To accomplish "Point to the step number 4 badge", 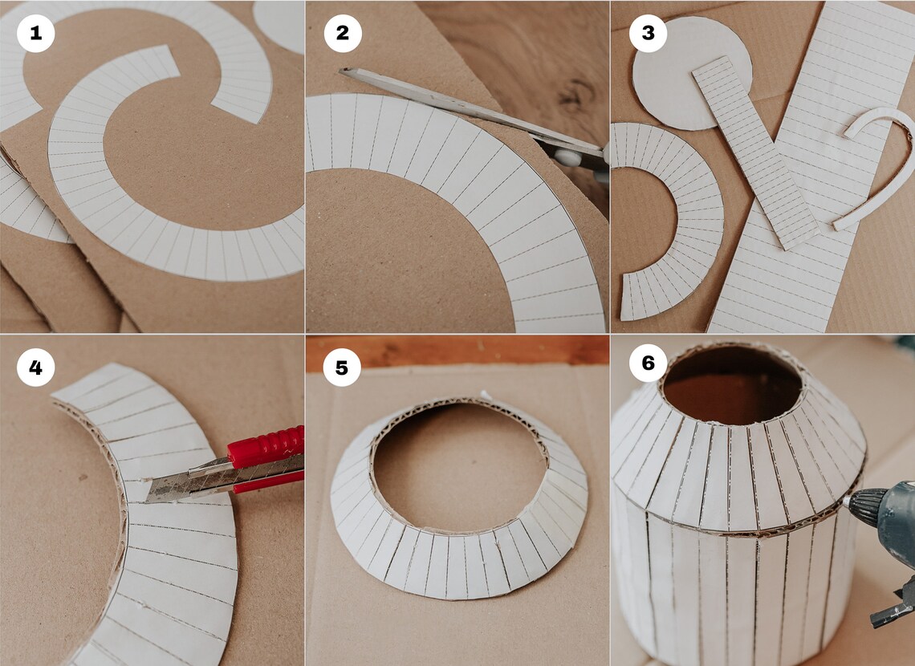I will coord(35,368).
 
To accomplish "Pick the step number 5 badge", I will coord(343,368).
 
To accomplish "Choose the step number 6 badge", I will coord(648,363).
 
